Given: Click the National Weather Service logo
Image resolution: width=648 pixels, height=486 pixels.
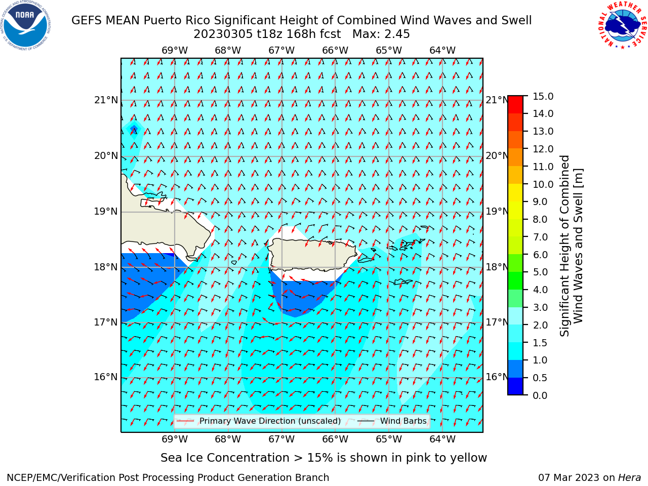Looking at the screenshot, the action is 622,25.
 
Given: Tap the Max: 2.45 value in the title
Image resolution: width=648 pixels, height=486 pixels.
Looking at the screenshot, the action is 381,34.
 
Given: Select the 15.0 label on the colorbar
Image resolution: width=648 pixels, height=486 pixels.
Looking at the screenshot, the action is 543,97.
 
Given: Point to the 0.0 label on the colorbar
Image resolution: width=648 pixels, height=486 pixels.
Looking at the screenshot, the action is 540,395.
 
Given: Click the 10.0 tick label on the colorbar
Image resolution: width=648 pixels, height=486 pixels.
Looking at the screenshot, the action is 543,184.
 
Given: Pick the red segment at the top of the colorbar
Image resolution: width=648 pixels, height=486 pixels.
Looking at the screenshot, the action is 515,104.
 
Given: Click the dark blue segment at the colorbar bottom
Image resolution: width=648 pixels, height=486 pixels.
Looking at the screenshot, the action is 515,386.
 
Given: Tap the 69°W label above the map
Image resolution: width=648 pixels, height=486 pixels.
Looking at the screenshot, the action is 175,51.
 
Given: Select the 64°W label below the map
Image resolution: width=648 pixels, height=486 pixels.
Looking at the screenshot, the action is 442,439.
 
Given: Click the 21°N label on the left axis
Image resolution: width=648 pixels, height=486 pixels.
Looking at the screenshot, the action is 106,100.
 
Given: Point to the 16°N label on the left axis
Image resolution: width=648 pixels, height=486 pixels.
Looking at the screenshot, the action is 106,377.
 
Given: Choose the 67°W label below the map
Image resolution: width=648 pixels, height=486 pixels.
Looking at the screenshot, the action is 281,439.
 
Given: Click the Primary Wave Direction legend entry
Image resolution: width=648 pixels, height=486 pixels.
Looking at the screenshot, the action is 259,421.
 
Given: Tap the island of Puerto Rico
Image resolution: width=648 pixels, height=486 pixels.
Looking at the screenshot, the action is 313,254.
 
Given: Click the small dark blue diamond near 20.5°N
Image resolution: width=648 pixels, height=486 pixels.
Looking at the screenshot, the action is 134,129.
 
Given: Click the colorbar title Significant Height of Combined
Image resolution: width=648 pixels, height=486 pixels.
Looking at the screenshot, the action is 564,246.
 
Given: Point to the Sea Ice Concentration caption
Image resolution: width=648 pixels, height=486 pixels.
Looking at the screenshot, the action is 323,458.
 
